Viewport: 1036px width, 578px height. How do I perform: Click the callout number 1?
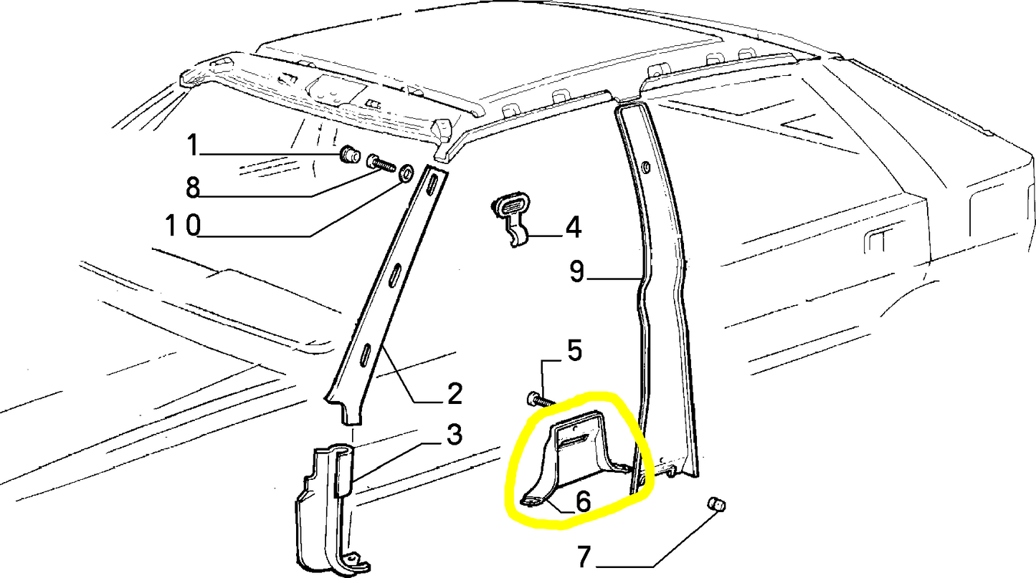192,145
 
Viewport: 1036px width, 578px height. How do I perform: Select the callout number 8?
192,187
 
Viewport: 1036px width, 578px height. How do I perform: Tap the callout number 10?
183,226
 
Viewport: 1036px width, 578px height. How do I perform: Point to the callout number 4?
573,227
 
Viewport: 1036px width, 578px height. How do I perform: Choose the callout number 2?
454,393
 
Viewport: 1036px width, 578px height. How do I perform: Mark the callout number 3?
454,435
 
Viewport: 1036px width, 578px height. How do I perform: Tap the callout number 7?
584,557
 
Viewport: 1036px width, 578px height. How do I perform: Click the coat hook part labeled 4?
510,217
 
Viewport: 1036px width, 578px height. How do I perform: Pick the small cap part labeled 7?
716,504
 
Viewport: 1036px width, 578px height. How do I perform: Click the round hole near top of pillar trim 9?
646,166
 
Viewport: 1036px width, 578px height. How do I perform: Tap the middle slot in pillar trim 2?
396,276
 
